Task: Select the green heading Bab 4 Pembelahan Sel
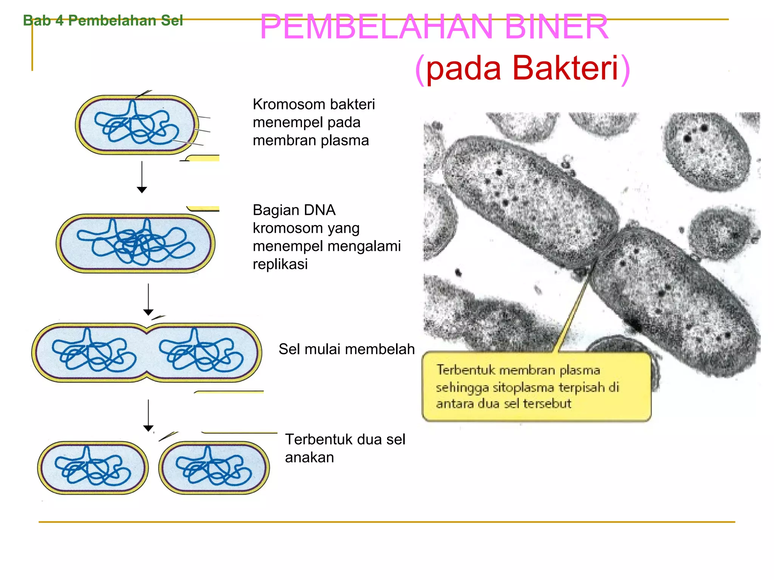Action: (x=103, y=20)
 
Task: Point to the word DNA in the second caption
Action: (x=320, y=210)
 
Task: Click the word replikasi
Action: (x=280, y=264)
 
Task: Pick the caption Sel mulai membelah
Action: (x=346, y=349)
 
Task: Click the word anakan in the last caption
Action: (x=309, y=457)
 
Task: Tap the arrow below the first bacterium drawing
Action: (x=142, y=177)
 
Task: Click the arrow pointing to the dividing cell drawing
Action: (x=148, y=299)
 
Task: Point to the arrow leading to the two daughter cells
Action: (x=148, y=415)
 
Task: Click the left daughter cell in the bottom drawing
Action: (x=93, y=468)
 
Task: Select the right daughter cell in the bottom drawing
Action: (x=214, y=468)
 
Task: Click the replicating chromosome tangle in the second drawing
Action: (x=135, y=243)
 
